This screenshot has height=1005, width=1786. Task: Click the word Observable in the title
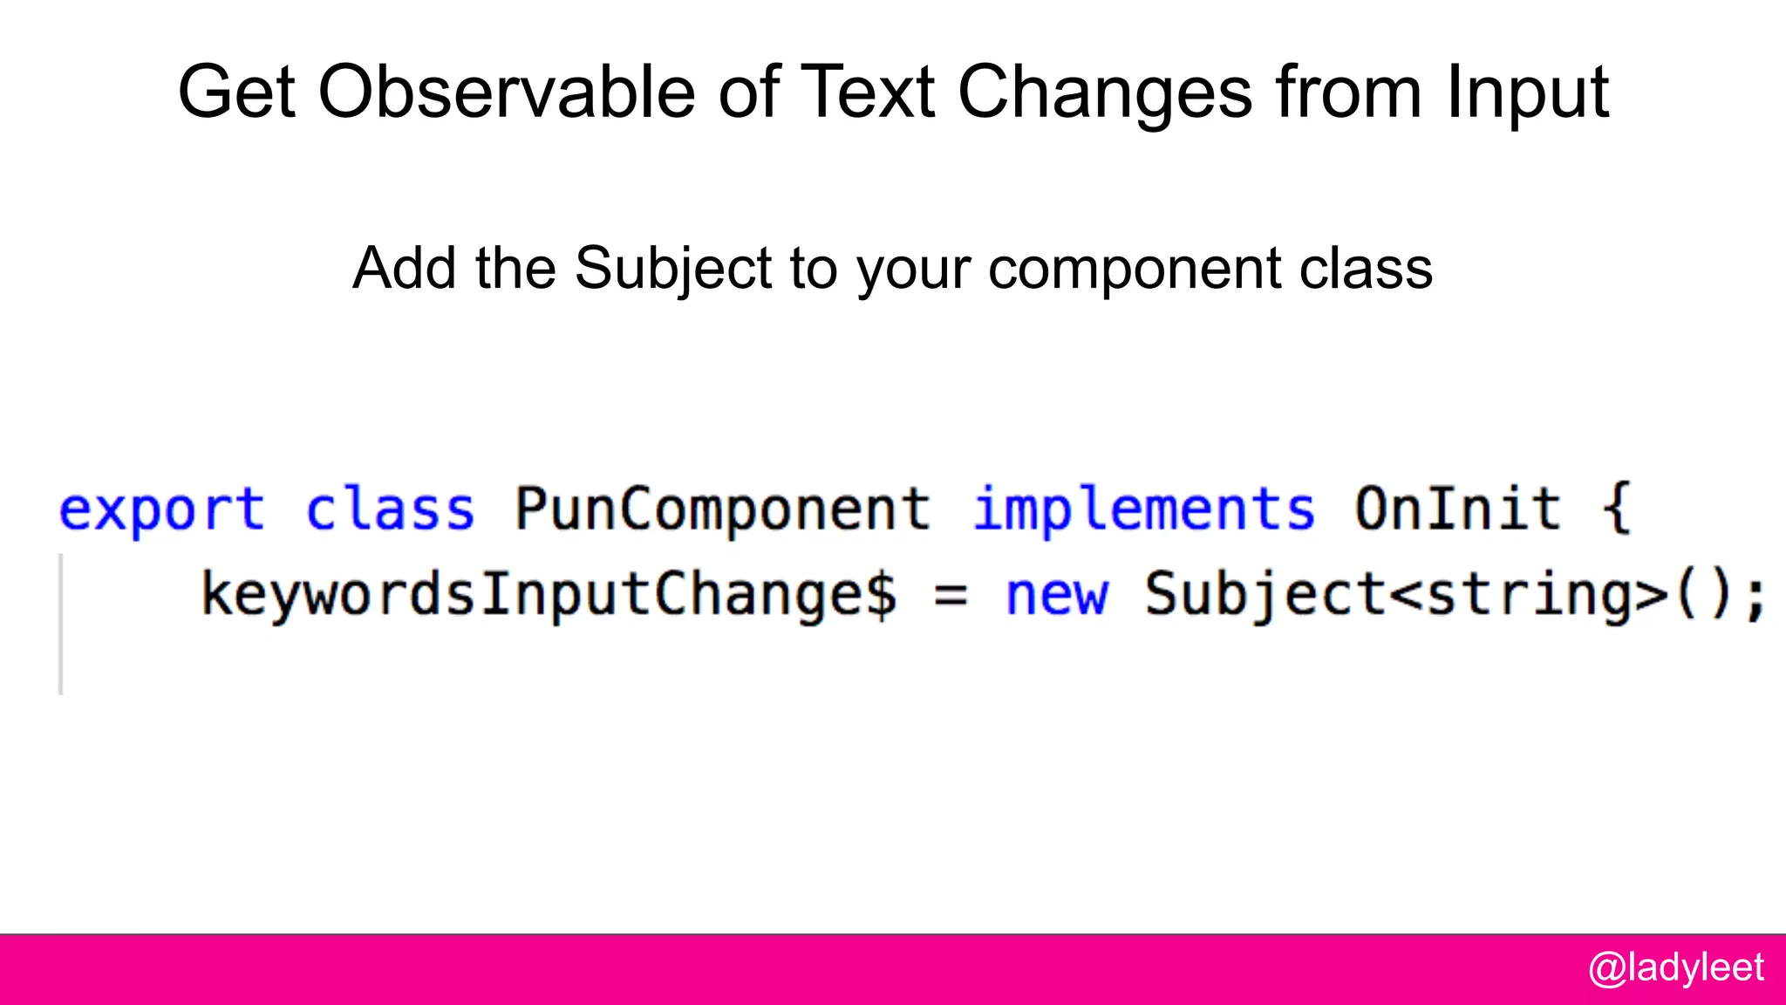coord(507,92)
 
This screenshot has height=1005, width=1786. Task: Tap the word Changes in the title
coord(1105,92)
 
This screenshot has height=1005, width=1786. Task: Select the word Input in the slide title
coord(1527,92)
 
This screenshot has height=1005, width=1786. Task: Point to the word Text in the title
coord(867,92)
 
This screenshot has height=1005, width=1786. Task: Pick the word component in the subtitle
coord(1135,268)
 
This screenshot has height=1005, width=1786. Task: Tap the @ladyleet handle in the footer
coord(1676,968)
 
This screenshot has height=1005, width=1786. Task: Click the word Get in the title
coord(236,92)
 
